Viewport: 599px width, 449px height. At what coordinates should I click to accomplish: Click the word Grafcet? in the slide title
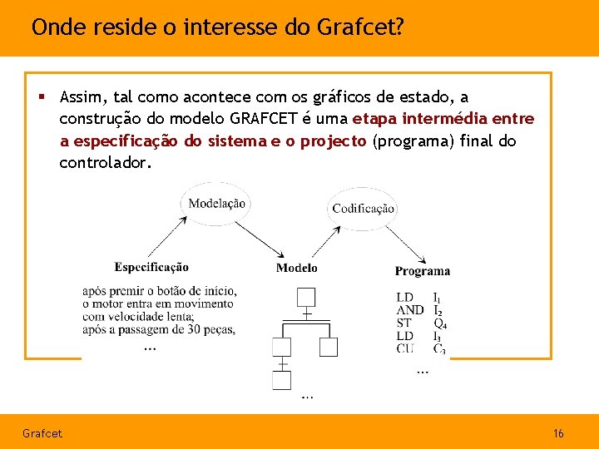361,27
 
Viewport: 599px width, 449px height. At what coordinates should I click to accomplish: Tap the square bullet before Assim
41,97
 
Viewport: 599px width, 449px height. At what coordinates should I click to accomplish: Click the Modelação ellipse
216,204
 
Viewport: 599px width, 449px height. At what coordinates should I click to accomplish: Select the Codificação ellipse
363,208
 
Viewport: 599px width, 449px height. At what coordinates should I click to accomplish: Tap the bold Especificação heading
151,267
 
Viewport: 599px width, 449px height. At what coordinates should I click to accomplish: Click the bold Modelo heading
297,268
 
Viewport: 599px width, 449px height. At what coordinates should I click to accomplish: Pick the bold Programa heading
422,270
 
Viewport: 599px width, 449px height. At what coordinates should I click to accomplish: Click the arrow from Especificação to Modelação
165,237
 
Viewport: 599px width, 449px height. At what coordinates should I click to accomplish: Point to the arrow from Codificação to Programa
408,243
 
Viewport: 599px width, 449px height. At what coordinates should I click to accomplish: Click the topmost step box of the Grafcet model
306,297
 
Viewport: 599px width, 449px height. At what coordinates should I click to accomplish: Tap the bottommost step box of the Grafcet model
282,380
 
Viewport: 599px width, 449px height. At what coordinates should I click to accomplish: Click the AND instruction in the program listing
409,310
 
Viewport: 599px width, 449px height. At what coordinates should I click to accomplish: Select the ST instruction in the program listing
403,323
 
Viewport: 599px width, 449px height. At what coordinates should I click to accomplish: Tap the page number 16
558,433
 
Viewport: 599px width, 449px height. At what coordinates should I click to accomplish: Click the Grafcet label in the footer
42,433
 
